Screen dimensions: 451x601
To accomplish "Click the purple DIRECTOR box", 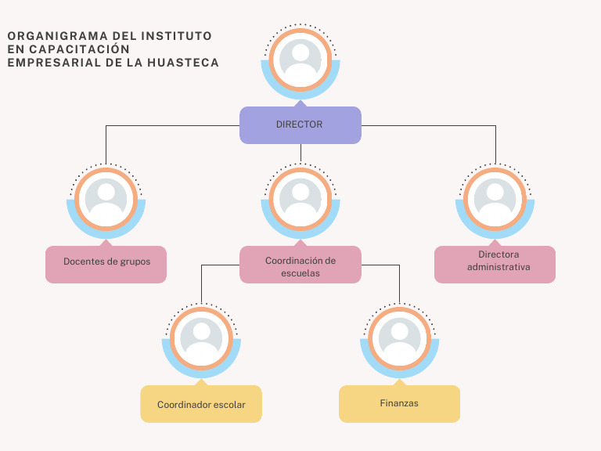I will [x=300, y=124].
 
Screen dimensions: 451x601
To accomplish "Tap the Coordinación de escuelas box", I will [x=300, y=265].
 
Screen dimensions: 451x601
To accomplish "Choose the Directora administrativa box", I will [x=495, y=264].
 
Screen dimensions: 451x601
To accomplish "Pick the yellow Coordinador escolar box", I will [x=201, y=404].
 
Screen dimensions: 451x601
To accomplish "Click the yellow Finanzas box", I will [x=399, y=403].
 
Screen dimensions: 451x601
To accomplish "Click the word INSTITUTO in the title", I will [x=176, y=36].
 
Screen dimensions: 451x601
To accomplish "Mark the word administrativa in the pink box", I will [x=498, y=267].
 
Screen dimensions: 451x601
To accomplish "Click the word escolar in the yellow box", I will [x=227, y=405].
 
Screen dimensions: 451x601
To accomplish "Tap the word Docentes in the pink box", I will [x=83, y=261].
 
